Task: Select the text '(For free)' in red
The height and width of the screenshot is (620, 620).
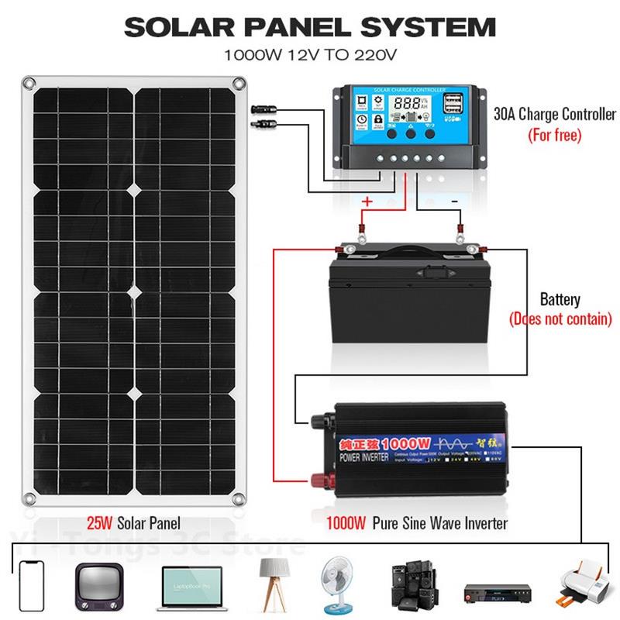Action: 554,136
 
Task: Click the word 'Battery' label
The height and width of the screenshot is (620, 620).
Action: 560,300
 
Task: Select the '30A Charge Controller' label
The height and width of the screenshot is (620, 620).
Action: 555,115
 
